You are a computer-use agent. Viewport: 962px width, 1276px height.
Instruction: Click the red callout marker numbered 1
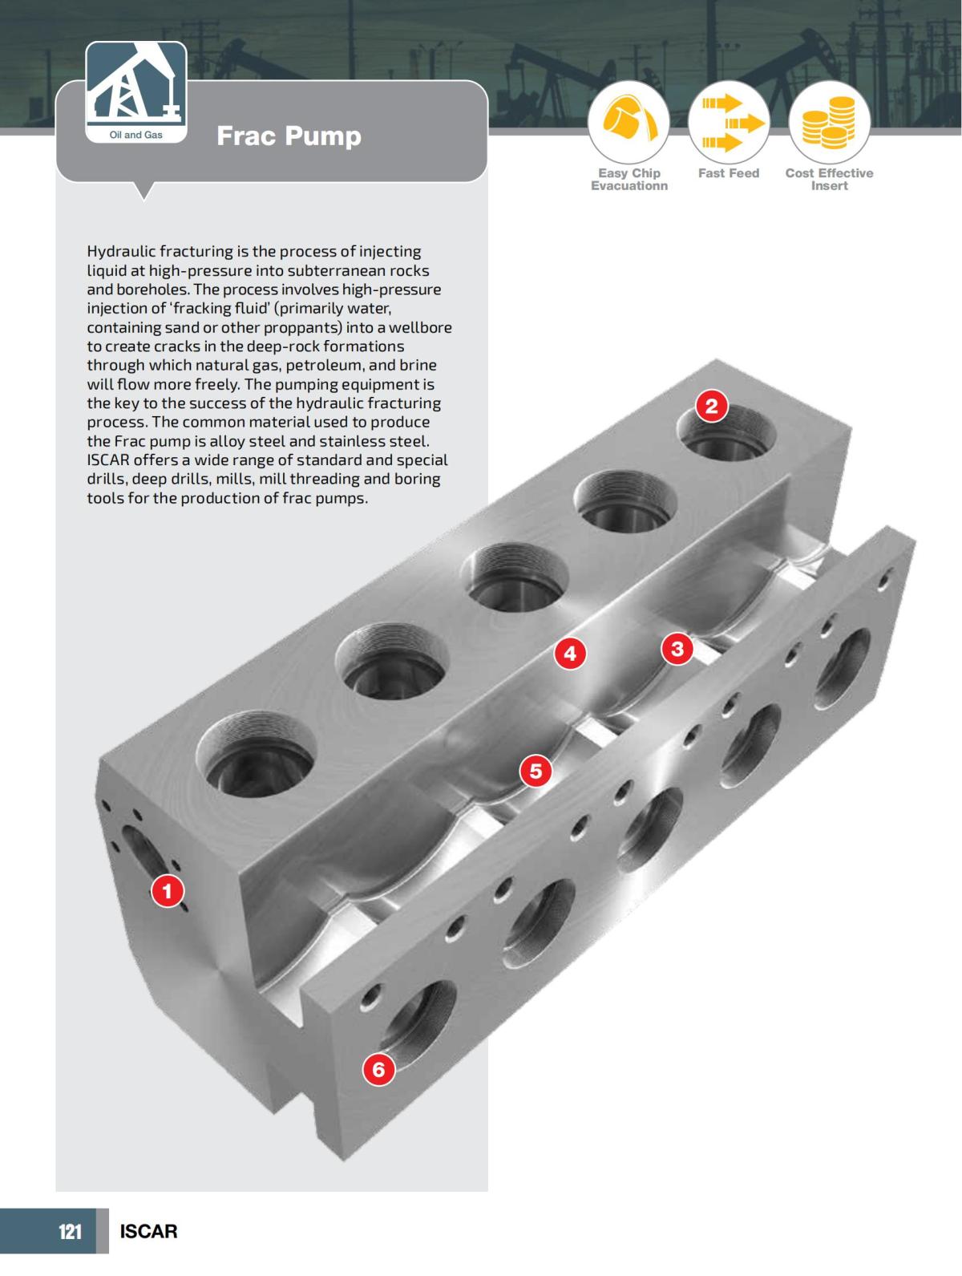[168, 890]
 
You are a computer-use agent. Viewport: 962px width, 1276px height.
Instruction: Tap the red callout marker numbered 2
[711, 407]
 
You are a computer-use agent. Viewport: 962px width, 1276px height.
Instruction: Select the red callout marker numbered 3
[677, 648]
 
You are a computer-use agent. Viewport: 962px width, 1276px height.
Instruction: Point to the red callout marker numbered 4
[570, 654]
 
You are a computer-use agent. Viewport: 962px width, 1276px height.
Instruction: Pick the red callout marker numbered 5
[536, 772]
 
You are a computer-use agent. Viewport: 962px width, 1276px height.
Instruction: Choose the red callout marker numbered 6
[378, 1069]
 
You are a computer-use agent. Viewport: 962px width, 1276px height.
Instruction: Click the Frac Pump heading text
[289, 136]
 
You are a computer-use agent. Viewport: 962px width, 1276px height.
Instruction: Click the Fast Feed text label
[728, 173]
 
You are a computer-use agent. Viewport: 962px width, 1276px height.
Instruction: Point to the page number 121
[71, 1231]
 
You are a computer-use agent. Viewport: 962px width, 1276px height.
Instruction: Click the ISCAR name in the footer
[148, 1231]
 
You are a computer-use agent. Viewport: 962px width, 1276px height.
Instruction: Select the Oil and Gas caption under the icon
[135, 135]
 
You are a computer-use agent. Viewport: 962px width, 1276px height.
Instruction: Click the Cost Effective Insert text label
[829, 179]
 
